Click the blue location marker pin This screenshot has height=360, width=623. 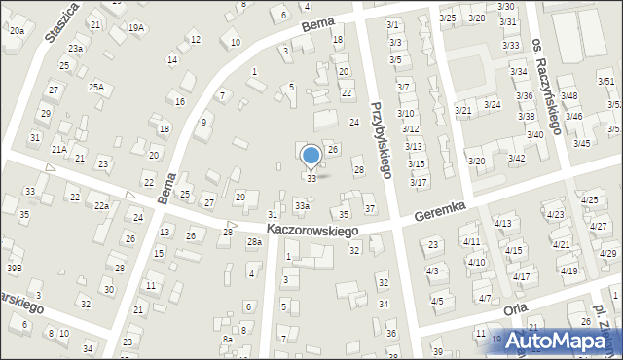(x=311, y=157)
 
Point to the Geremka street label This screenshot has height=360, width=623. (x=441, y=209)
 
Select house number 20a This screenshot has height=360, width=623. (x=17, y=31)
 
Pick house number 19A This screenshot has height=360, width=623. (x=135, y=28)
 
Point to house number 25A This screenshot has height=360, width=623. (x=95, y=87)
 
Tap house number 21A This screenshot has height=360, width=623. (x=59, y=149)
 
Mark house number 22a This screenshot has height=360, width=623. (x=101, y=205)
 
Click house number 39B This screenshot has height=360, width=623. (x=14, y=268)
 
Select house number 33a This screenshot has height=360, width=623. (x=303, y=206)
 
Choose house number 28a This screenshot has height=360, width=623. (x=254, y=241)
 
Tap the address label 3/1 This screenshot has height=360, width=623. (x=392, y=24)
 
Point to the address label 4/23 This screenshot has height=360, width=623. (x=556, y=214)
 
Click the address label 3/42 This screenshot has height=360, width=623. (x=517, y=158)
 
